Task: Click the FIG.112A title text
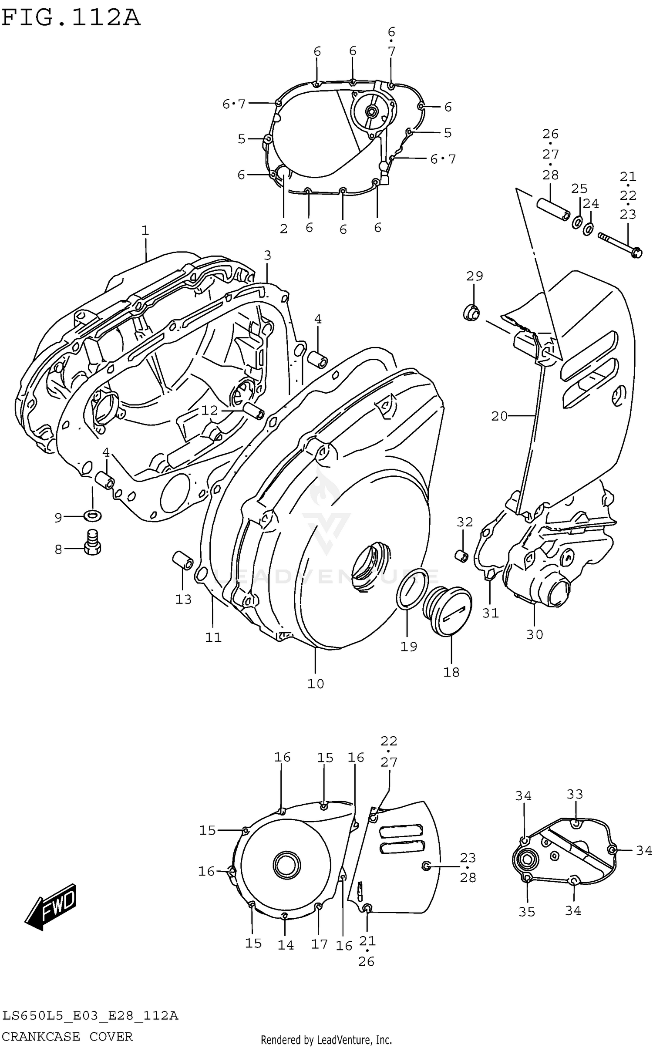(71, 18)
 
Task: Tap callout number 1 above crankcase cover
(145, 230)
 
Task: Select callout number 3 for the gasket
(267, 255)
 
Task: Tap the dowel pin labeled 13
(182, 560)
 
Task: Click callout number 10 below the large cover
(316, 684)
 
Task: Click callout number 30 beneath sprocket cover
(535, 634)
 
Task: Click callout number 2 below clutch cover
(283, 229)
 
